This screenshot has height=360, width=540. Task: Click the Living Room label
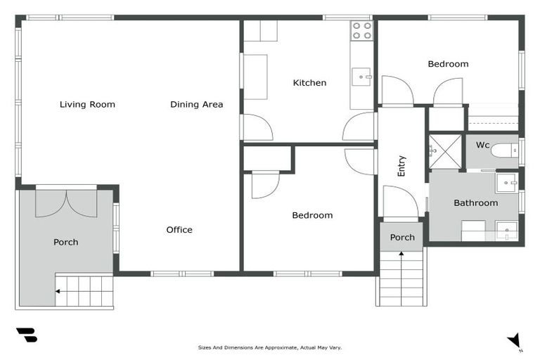[x=87, y=105]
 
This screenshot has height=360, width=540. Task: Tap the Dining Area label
[x=197, y=105]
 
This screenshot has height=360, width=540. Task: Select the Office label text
[x=179, y=230]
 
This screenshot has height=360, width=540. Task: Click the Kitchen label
[x=309, y=83]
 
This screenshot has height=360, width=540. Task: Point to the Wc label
[x=482, y=146]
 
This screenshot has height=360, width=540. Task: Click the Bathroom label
[x=475, y=203]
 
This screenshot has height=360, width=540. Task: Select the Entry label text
[x=401, y=166]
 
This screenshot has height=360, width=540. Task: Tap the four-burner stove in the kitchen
[x=361, y=30]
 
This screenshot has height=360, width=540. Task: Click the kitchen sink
[x=361, y=75]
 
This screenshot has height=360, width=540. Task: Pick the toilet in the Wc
[x=504, y=150]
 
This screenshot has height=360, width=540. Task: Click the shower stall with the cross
[x=446, y=150]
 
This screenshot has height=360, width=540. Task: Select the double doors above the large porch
[x=67, y=202]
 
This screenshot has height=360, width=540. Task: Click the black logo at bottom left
[x=27, y=335]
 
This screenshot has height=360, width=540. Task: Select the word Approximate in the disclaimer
[x=262, y=347]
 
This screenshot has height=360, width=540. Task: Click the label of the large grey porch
[x=66, y=243]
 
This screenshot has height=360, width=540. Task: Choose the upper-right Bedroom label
[x=448, y=64]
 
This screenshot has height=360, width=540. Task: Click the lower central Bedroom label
[x=312, y=215]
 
